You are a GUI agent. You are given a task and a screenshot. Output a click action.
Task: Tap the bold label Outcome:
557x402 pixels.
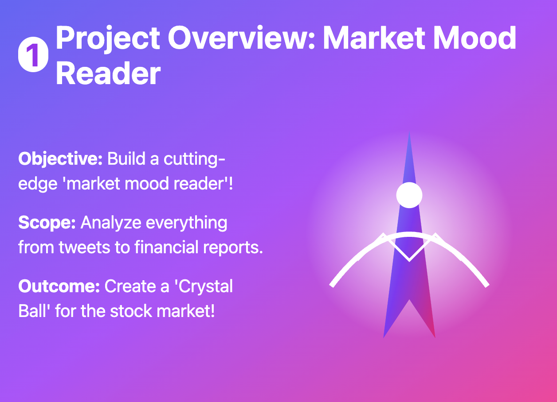point(59,286)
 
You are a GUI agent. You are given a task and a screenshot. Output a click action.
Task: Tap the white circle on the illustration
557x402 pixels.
point(409,195)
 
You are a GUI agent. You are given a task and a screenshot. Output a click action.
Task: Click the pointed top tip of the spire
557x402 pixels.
point(409,134)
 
